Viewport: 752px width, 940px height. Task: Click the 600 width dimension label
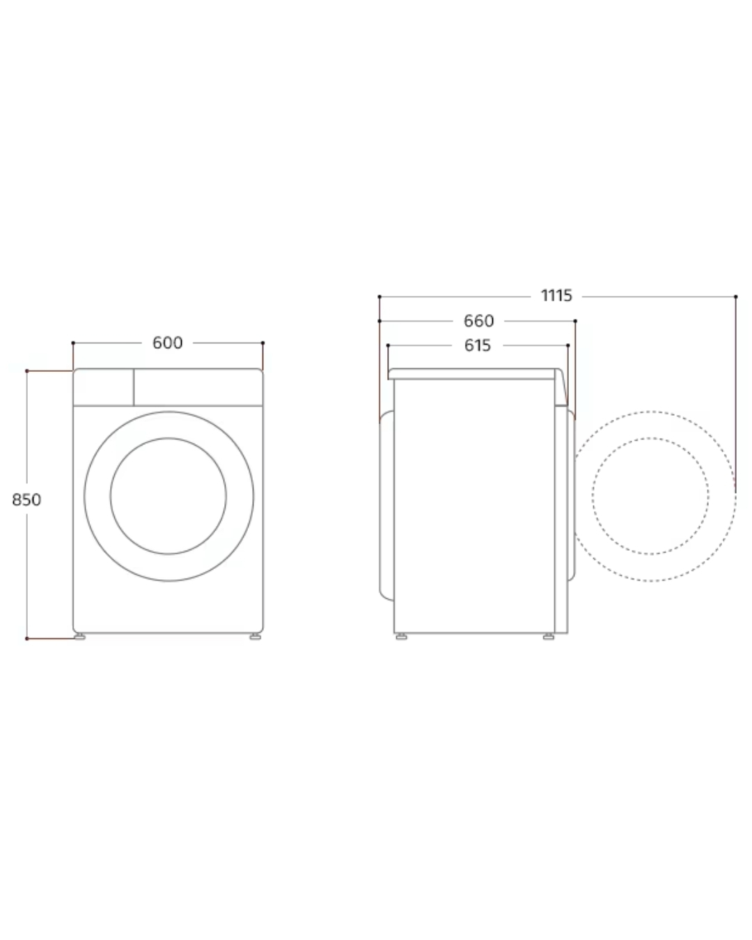[167, 343]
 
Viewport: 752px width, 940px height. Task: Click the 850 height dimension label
[26, 500]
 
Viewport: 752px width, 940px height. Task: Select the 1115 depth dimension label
[556, 296]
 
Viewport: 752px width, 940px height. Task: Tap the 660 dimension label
[478, 321]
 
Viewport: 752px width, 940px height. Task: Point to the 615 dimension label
[478, 345]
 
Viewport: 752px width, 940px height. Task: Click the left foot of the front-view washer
[80, 637]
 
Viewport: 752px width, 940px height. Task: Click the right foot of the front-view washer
[255, 637]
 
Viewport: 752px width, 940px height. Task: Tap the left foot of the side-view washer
[401, 637]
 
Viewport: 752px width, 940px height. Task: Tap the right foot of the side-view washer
[549, 637]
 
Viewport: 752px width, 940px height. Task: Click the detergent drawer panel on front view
[104, 387]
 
